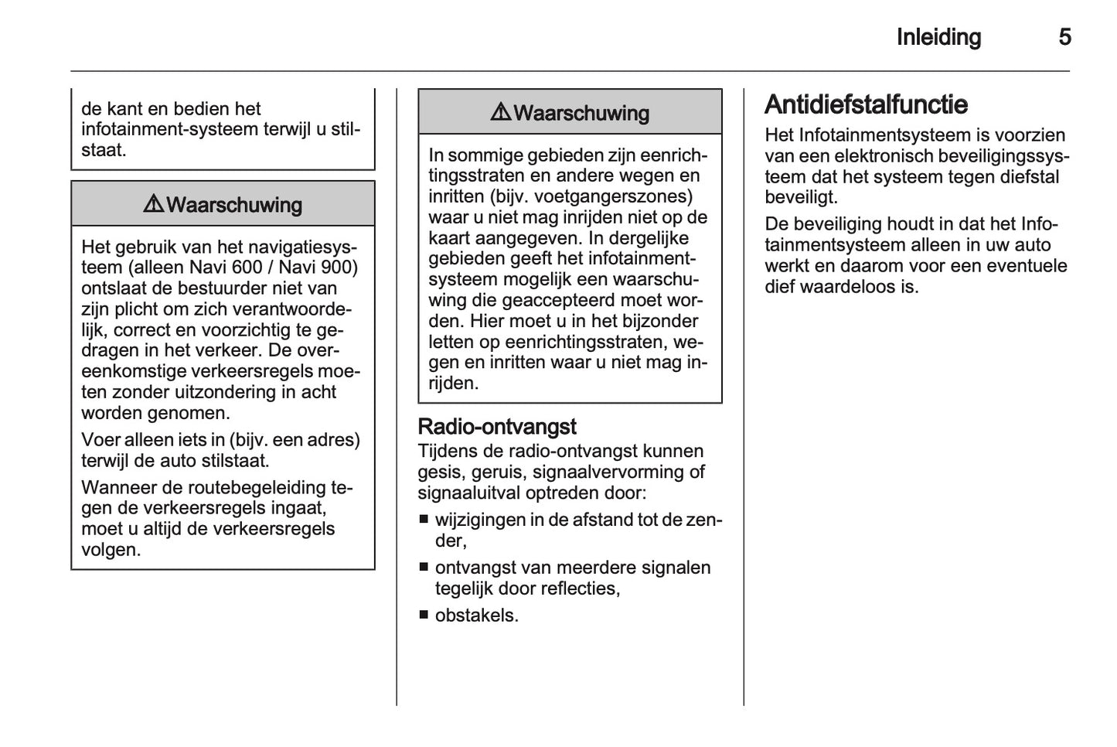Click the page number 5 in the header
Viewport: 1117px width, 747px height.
(1064, 37)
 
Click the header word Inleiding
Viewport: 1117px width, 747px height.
(938, 37)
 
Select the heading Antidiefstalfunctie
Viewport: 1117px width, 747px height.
(866, 104)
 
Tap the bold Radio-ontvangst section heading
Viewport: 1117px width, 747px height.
(497, 427)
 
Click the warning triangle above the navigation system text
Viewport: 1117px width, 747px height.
(153, 205)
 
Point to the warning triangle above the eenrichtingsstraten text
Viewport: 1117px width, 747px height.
(500, 113)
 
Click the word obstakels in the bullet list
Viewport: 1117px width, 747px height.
(475, 616)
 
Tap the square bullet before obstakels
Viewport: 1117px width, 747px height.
(424, 616)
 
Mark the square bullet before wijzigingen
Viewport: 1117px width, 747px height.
(424, 520)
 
